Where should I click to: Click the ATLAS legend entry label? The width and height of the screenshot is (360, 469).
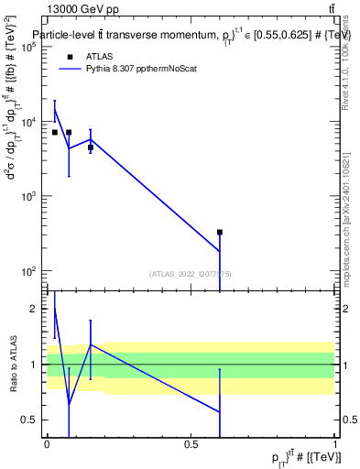coord(99,56)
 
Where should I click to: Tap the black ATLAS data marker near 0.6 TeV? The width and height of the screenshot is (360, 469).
coord(220,233)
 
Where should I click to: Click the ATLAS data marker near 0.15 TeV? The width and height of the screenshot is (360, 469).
coord(91,147)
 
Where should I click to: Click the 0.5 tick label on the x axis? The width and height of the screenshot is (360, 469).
coord(191,444)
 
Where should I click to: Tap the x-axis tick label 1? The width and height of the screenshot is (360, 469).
coord(335,444)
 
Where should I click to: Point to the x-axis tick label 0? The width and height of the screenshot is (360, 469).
coord(47,444)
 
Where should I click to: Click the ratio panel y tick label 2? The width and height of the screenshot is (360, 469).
coord(36,309)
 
